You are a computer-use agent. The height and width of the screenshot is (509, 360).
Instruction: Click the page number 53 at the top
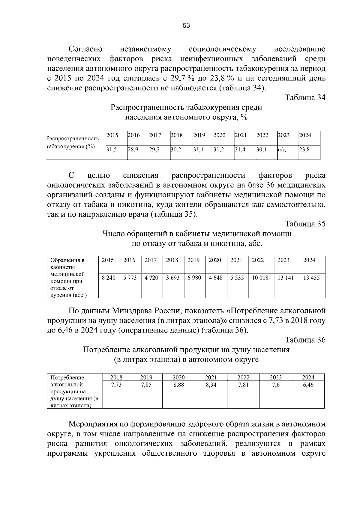(x=186, y=26)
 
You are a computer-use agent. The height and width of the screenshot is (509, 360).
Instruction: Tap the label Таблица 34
(x=305, y=98)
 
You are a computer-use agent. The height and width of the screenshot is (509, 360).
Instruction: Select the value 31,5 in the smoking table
(x=112, y=149)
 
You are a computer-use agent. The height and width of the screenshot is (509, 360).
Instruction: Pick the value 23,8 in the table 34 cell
(x=304, y=149)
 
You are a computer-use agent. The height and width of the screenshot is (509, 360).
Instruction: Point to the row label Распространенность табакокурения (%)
(x=72, y=143)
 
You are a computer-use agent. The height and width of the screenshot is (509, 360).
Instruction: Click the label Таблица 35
(x=305, y=224)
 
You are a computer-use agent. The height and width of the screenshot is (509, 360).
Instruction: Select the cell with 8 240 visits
(x=109, y=278)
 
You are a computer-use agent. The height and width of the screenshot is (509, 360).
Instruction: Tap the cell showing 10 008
(x=260, y=278)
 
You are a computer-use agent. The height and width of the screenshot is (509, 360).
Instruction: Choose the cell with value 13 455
(x=311, y=278)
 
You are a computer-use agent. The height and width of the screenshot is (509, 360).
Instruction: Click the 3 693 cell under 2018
(x=173, y=278)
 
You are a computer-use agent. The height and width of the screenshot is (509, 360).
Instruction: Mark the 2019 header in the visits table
(x=193, y=260)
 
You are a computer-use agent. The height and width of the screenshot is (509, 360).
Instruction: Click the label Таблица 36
(x=305, y=340)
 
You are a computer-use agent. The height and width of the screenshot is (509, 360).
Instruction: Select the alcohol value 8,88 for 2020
(x=178, y=385)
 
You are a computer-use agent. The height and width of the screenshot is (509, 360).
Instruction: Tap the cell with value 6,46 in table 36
(x=308, y=385)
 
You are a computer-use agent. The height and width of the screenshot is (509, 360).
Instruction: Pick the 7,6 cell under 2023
(x=276, y=385)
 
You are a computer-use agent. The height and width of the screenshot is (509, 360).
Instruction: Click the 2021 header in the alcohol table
(x=211, y=378)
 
